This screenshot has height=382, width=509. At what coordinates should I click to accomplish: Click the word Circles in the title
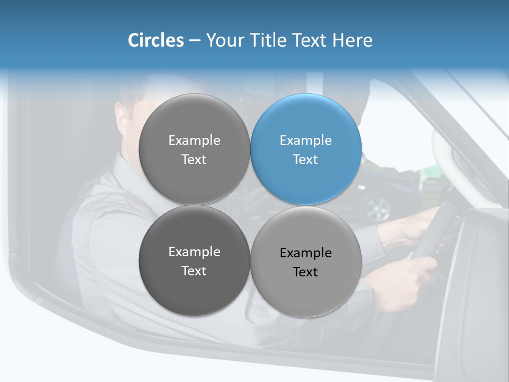tap(155, 40)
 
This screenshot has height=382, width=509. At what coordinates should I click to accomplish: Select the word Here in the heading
tap(353, 40)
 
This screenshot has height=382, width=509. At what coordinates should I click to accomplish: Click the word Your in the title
tap(225, 40)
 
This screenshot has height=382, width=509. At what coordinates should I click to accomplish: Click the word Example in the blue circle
tap(305, 141)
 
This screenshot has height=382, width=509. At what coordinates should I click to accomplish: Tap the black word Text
tap(305, 272)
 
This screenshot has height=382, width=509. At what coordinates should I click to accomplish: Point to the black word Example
tap(305, 253)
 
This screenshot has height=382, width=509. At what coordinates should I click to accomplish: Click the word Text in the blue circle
tap(305, 160)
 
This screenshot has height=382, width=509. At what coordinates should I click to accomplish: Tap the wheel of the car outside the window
tap(377, 207)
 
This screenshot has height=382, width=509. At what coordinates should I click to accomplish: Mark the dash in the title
tap(195, 40)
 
